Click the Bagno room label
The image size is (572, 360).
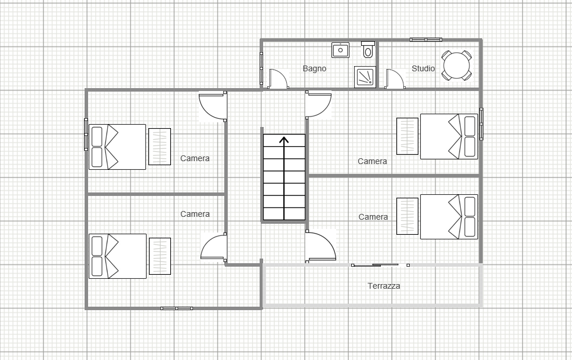[x=315, y=68]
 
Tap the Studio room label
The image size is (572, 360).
[x=423, y=68]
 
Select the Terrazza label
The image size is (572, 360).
[x=384, y=286]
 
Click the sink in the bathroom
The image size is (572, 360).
[x=340, y=50]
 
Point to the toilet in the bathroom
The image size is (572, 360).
[x=368, y=50]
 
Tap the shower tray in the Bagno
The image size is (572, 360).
[x=365, y=77]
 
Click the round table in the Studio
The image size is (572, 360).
[x=456, y=66]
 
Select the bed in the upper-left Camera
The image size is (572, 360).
[x=118, y=147]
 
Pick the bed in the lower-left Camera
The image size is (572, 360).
[x=118, y=256]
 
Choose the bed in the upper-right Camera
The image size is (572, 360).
[x=449, y=136]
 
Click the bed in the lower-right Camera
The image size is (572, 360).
[x=449, y=217]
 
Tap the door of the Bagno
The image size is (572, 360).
[x=278, y=79]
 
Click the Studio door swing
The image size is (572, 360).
[x=395, y=79]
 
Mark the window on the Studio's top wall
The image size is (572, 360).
[x=426, y=39]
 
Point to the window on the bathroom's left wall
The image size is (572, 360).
[x=261, y=68]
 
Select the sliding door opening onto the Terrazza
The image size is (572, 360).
[x=380, y=265]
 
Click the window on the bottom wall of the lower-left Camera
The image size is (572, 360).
[x=177, y=308]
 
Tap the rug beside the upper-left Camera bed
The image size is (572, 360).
[x=160, y=147]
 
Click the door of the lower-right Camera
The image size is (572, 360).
[x=320, y=246]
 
